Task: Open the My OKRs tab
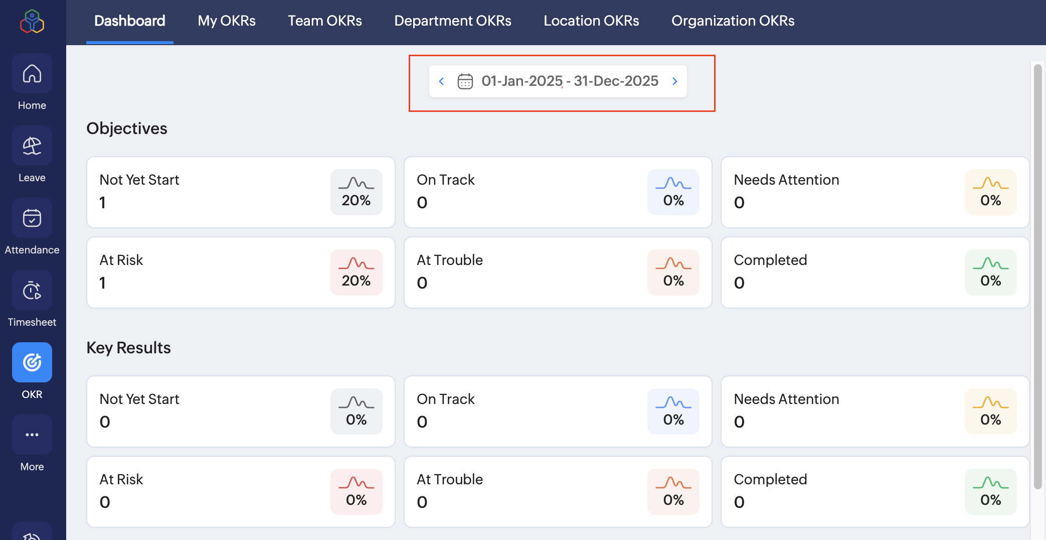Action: coord(227,21)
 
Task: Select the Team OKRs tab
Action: coord(325,21)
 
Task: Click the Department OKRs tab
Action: coord(453,21)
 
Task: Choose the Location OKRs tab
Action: coord(591,21)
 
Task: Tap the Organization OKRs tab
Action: coord(733,21)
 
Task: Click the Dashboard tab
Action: coord(130,21)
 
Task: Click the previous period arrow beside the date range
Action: coord(441,81)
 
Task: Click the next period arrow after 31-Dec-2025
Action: coord(675,81)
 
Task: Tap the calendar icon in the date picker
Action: coord(465,81)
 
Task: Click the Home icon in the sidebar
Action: coord(32,74)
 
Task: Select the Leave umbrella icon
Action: coord(32,146)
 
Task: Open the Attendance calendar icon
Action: coord(32,218)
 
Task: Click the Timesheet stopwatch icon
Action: coord(32,291)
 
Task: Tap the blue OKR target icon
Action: coord(32,362)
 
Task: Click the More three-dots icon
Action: coord(32,435)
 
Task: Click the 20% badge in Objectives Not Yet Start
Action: coord(356,192)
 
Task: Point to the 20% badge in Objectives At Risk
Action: coord(356,273)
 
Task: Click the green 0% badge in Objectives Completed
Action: coord(990,273)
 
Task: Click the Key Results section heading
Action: coord(128,348)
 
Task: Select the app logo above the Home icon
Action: coord(32,22)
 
